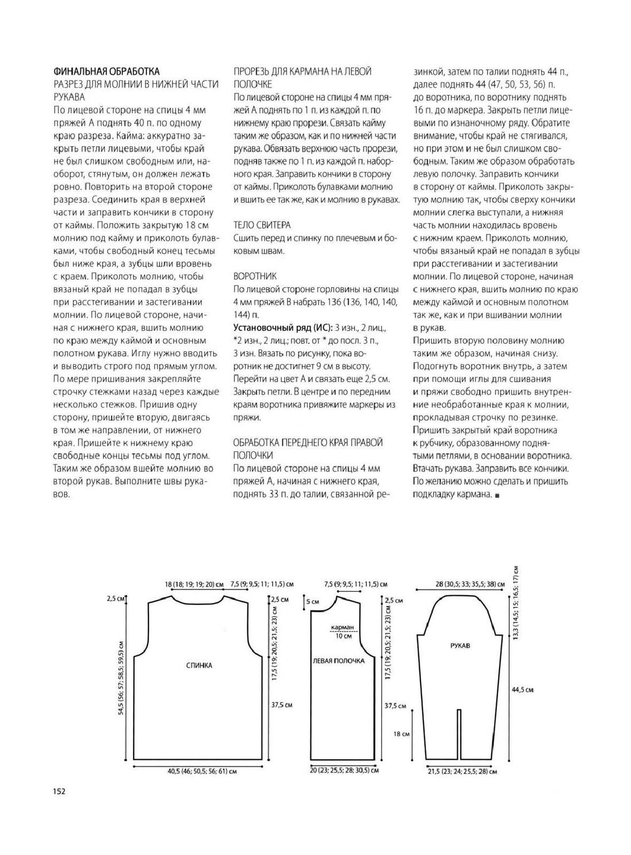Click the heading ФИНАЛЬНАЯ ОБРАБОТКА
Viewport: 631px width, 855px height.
(x=106, y=71)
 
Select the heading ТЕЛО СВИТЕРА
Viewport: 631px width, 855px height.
(x=262, y=225)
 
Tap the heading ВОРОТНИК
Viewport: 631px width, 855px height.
(x=255, y=276)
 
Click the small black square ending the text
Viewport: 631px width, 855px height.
(x=497, y=494)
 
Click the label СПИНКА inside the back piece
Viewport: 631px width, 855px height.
(x=200, y=665)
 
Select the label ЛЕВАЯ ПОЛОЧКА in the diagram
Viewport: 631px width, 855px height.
(x=338, y=661)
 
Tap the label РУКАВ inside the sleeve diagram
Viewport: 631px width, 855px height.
(x=461, y=645)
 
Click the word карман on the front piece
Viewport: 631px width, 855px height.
(x=343, y=627)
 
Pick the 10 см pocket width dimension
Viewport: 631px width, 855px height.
(x=344, y=636)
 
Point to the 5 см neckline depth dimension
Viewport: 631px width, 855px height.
(x=313, y=602)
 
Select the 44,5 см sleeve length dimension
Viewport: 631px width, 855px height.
(x=522, y=690)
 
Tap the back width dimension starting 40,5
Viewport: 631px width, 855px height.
(x=202, y=771)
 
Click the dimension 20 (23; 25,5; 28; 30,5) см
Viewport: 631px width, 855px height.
(x=344, y=770)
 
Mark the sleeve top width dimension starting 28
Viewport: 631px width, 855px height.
(x=469, y=584)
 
